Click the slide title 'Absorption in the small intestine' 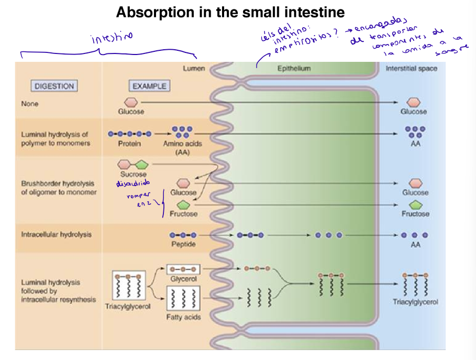point(230,12)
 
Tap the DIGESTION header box point(54,86)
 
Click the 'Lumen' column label point(194,69)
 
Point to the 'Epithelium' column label point(294,69)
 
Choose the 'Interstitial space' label point(411,69)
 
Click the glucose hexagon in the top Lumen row point(131,102)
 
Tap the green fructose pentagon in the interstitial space point(415,204)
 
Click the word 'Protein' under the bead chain point(129,144)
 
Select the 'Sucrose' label point(134,174)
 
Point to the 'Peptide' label point(183,245)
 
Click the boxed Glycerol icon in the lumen point(183,268)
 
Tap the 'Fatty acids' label point(183,317)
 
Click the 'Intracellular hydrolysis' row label point(56,234)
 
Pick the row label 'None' point(30,104)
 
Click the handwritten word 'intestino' point(112,38)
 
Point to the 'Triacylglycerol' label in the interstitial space point(415,302)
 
